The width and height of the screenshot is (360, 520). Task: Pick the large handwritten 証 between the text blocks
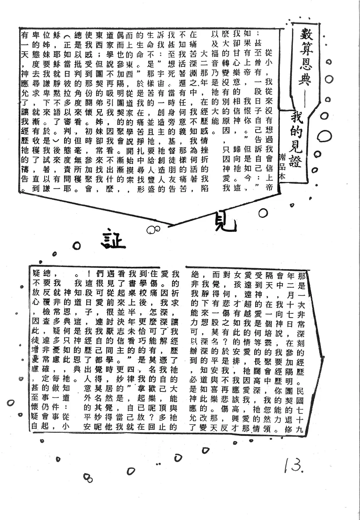click(x=114, y=239)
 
